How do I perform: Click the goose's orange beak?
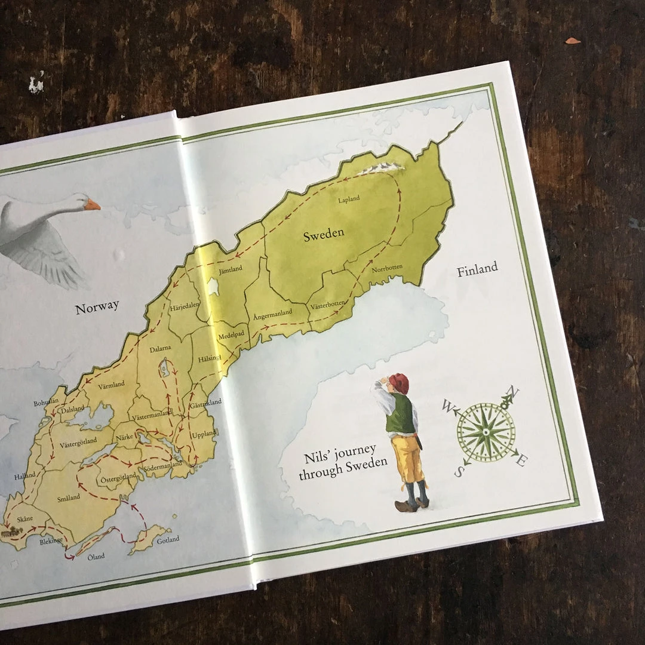(x=92, y=205)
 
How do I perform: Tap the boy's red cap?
(x=398, y=383)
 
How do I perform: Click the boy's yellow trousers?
(x=408, y=457)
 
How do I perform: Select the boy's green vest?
(x=401, y=413)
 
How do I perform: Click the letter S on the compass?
(x=459, y=472)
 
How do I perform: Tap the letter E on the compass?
(x=521, y=460)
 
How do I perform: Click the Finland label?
(x=477, y=270)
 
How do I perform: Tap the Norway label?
(x=97, y=308)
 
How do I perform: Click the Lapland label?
(x=349, y=199)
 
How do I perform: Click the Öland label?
(x=96, y=557)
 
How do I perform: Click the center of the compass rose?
(x=486, y=431)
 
